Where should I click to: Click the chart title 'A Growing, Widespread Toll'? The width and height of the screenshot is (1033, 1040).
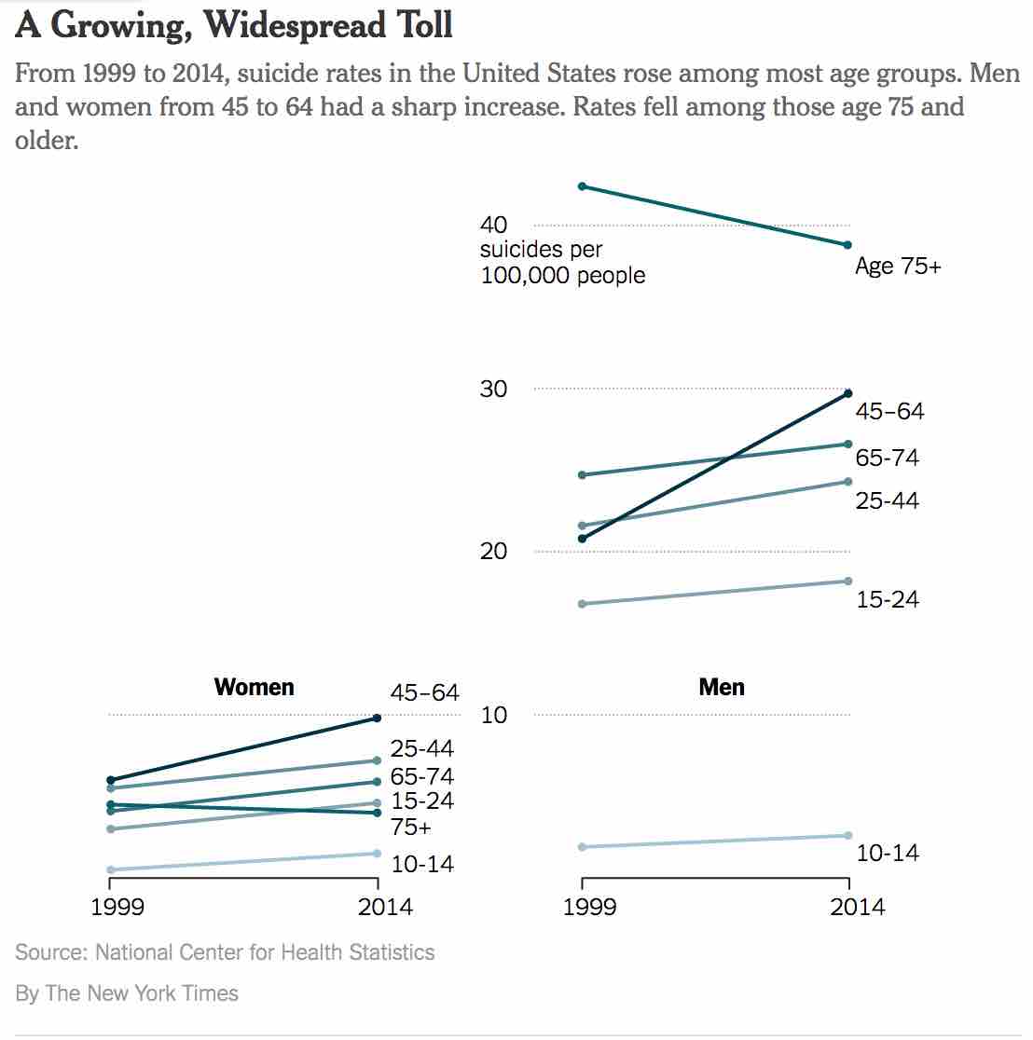(234, 25)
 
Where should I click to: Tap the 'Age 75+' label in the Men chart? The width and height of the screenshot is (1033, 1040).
(898, 267)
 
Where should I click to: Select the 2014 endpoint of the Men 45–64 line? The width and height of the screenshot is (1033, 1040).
(847, 393)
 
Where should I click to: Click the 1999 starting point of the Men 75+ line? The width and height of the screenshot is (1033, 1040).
(583, 186)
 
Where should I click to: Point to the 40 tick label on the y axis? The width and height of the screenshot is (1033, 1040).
(493, 225)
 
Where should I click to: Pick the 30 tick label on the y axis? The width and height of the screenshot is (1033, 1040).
(493, 389)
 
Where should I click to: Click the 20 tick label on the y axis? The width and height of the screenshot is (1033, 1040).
(493, 551)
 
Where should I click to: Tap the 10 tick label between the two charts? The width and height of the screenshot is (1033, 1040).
(493, 715)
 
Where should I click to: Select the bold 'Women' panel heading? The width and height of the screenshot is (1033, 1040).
(254, 687)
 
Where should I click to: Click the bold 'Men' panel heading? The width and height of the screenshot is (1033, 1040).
(722, 687)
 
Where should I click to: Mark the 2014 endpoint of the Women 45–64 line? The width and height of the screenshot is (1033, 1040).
(377, 718)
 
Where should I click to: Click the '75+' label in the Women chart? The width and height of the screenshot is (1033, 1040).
(411, 827)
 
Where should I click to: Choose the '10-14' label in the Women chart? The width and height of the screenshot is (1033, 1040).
(422, 864)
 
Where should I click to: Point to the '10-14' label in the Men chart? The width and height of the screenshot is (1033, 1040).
(888, 853)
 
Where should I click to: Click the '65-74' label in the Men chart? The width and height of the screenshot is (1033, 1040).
(888, 458)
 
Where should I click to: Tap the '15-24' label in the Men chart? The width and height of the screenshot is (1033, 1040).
(888, 599)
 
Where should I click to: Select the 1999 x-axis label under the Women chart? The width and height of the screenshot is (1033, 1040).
(117, 907)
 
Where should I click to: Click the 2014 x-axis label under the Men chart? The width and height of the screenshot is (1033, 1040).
(857, 907)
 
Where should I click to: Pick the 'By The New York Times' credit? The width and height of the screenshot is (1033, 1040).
(127, 993)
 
